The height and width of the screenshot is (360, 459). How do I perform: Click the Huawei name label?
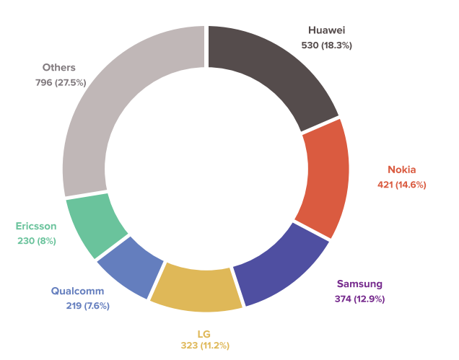coord(326,30)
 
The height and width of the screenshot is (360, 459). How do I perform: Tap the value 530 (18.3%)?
coord(326,45)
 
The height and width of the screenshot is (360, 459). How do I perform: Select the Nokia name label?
coord(402,170)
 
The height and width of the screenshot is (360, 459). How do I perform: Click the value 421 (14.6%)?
coord(402,185)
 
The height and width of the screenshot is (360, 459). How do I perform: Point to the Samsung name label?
coord(360,284)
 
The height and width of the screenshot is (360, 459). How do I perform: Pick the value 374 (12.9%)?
coord(360,299)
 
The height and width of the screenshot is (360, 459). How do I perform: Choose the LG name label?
coord(204,333)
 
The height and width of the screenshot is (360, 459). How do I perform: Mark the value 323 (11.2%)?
coord(204,346)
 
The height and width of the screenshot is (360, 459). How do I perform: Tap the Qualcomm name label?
coord(77,291)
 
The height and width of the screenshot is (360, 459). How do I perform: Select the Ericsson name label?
coord(36,226)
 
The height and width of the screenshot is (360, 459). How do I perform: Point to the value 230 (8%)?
coord(37,240)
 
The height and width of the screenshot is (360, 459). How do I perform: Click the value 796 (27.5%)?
coord(61,82)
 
